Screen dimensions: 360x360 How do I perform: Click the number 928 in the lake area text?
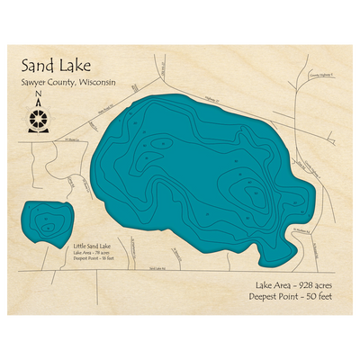click(x=295, y=283)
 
